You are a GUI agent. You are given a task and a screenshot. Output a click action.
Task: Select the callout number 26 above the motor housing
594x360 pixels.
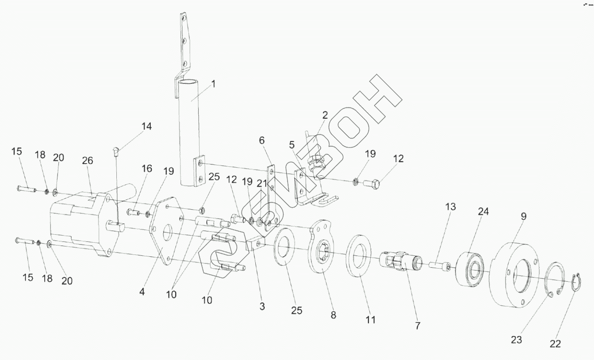coord(88,161)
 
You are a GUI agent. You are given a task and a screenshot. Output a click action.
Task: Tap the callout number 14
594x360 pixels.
coord(146,126)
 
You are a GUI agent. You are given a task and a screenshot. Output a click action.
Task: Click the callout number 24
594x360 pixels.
coord(483,212)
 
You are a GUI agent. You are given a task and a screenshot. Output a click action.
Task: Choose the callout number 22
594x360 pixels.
coord(555,344)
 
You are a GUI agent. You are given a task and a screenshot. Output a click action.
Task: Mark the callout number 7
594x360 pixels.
coord(417,325)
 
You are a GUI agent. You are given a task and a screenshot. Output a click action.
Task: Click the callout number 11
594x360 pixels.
coord(371,320)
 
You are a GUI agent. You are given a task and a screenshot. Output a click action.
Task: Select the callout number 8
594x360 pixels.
coord(333,315)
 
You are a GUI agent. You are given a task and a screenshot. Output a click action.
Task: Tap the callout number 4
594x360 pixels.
coord(142,292)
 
